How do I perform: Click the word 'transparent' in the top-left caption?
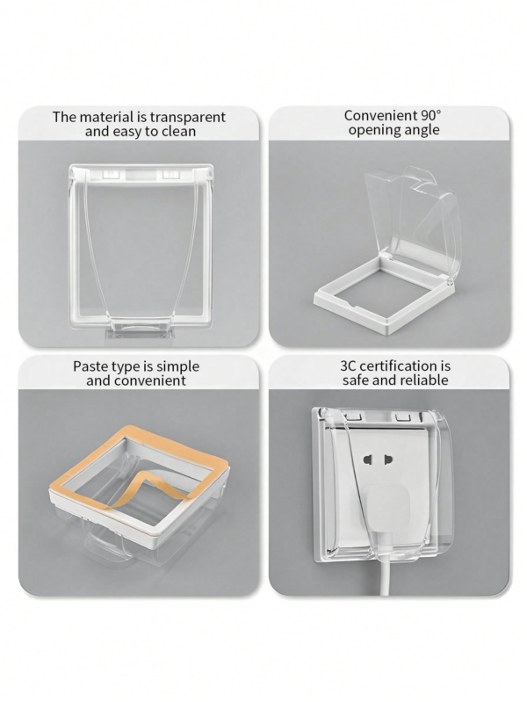click(187, 117)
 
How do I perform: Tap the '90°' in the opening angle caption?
click(430, 115)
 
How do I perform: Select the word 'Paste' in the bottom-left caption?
click(89, 366)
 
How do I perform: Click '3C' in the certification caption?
click(348, 365)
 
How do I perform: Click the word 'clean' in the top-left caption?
click(178, 131)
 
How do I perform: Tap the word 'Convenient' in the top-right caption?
click(380, 115)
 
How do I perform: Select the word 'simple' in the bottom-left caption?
click(177, 366)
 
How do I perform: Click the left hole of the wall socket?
click(368, 460)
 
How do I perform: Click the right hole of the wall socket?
click(387, 460)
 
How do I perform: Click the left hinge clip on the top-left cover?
click(110, 174)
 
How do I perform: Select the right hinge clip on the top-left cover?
click(170, 174)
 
